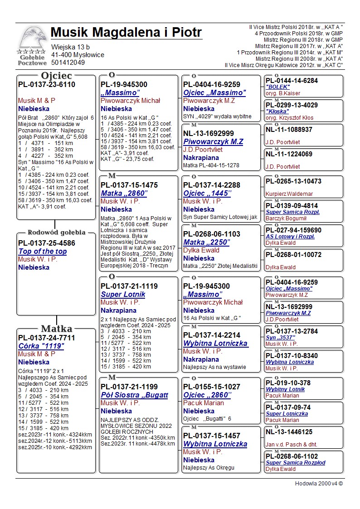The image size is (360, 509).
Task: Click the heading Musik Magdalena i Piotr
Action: (x=126, y=33)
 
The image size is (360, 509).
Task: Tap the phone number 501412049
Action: (x=68, y=63)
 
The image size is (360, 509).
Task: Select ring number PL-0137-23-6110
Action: (x=47, y=85)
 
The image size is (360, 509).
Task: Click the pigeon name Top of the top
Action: (x=43, y=252)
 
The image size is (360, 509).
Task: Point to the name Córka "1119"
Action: (x=41, y=346)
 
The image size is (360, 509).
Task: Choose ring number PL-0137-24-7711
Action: (x=47, y=338)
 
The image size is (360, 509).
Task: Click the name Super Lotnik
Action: (x=123, y=295)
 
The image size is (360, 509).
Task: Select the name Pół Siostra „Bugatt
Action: (x=129, y=395)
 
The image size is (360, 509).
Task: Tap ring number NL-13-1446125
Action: (x=289, y=432)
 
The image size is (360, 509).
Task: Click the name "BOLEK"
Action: (x=278, y=87)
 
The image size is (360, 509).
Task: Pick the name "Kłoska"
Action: (x=277, y=111)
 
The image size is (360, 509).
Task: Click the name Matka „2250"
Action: (x=206, y=242)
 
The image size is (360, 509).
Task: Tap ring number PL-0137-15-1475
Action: (x=129, y=185)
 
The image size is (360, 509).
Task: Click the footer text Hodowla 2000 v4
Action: (x=319, y=484)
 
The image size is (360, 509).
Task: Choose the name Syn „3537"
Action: (x=280, y=338)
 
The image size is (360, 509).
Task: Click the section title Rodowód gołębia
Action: (x=57, y=233)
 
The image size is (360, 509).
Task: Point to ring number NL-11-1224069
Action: (x=289, y=154)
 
